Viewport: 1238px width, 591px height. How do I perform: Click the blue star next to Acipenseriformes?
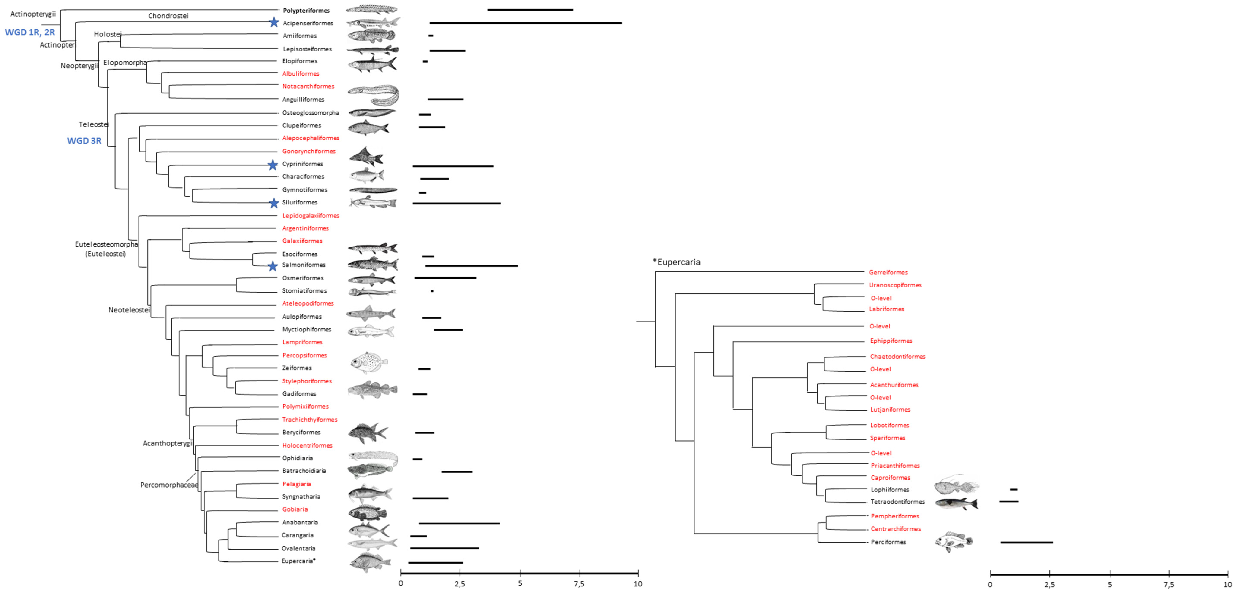pyautogui.click(x=273, y=22)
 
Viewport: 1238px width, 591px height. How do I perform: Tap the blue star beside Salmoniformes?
pyautogui.click(x=273, y=266)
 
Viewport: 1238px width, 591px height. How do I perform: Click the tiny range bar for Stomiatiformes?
pyautogui.click(x=432, y=291)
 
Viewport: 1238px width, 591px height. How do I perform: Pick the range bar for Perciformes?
pyautogui.click(x=1027, y=542)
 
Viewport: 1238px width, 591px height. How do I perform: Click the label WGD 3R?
pyautogui.click(x=84, y=141)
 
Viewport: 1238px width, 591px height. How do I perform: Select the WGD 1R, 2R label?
pyautogui.click(x=30, y=32)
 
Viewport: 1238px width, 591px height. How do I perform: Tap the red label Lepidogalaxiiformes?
pyautogui.click(x=311, y=216)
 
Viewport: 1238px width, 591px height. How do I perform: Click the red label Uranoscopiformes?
pyautogui.click(x=895, y=285)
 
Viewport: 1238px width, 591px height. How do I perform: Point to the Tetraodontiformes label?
pyautogui.click(x=897, y=502)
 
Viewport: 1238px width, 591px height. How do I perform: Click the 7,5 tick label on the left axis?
pyautogui.click(x=579, y=584)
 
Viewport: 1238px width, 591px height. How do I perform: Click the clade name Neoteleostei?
pyautogui.click(x=129, y=310)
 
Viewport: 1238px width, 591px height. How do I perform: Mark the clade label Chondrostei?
pyautogui.click(x=168, y=16)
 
